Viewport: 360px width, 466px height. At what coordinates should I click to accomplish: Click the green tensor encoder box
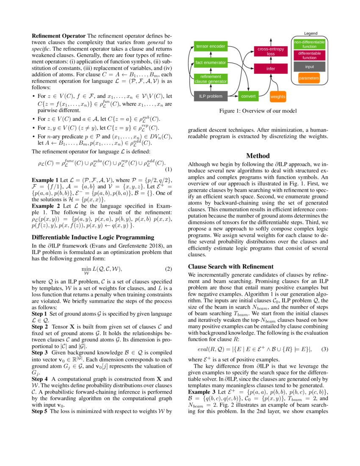pyautogui.click(x=210, y=46)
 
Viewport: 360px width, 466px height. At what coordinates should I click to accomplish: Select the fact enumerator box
pyautogui.click(x=210, y=63)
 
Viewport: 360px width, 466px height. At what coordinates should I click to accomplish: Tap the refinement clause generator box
pyautogui.click(x=210, y=78)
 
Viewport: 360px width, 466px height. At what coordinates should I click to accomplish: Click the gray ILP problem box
pyautogui.click(x=210, y=96)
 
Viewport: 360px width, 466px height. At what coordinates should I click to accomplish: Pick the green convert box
pyautogui.click(x=248, y=96)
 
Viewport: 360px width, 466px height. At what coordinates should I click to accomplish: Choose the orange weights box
pyautogui.click(x=278, y=97)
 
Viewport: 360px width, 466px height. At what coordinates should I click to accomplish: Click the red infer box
pyautogui.click(x=271, y=68)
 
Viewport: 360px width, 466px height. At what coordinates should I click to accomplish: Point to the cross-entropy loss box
pyautogui.click(x=271, y=52)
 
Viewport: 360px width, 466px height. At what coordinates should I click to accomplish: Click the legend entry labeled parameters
pyautogui.click(x=309, y=78)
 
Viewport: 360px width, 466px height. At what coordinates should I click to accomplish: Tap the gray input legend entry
pyautogui.click(x=309, y=67)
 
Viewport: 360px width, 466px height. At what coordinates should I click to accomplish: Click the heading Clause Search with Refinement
pyautogui.click(x=230, y=267)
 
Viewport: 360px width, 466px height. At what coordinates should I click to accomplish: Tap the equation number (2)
pyautogui.click(x=168, y=269)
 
